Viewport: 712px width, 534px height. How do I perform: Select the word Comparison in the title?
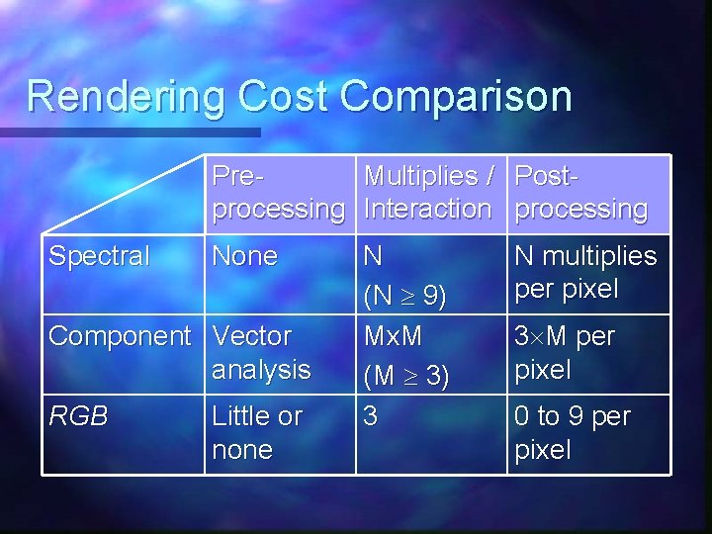click(x=456, y=97)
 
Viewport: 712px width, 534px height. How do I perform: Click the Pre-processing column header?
click(x=278, y=193)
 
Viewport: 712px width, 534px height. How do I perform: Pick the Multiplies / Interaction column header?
click(x=428, y=193)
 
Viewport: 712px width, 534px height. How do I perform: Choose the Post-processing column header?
click(x=581, y=193)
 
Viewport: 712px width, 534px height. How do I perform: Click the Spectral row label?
click(x=99, y=257)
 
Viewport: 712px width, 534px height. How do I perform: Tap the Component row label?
click(x=120, y=336)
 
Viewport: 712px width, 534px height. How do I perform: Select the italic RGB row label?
click(x=78, y=416)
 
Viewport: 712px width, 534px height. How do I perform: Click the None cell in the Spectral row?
click(x=245, y=257)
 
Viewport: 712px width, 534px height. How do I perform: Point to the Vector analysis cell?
click(x=261, y=353)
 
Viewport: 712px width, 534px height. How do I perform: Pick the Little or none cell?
click(x=257, y=433)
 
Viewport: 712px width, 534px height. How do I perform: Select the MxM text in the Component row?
click(x=394, y=336)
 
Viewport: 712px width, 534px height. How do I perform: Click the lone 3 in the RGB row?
click(x=370, y=416)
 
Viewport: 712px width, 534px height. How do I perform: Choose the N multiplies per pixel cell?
click(x=585, y=273)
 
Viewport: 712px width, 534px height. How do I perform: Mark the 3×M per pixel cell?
click(x=565, y=353)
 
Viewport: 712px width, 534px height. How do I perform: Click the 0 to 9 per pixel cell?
click(x=572, y=433)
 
